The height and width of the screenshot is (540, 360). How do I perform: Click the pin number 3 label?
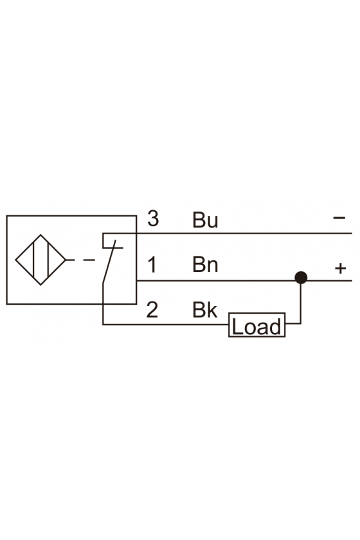[x=153, y=219]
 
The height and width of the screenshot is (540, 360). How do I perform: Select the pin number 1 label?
[x=152, y=265]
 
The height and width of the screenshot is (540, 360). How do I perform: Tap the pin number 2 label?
[x=152, y=310]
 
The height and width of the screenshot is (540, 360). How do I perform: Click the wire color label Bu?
[x=205, y=220]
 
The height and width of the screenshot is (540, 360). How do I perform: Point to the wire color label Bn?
[x=205, y=264]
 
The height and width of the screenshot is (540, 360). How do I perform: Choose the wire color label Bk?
[x=205, y=310]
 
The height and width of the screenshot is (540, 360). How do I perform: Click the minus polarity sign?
[x=339, y=218]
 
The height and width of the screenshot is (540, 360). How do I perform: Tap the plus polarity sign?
[x=340, y=268]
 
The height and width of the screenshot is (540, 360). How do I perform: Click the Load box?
[x=257, y=325]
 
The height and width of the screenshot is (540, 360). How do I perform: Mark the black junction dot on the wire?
[x=301, y=278]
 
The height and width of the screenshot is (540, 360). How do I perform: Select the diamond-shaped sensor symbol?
[x=40, y=260]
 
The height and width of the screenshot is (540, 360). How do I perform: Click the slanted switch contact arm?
[x=109, y=262]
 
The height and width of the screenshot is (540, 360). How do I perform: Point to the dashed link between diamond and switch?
[x=81, y=260]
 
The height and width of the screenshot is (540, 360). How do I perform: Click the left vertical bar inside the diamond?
[x=34, y=260]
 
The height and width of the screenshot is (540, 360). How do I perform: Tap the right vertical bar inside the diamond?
[x=48, y=260]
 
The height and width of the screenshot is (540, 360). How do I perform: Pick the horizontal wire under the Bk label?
[x=166, y=325]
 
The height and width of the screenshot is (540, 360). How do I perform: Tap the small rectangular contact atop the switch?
[x=113, y=240]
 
